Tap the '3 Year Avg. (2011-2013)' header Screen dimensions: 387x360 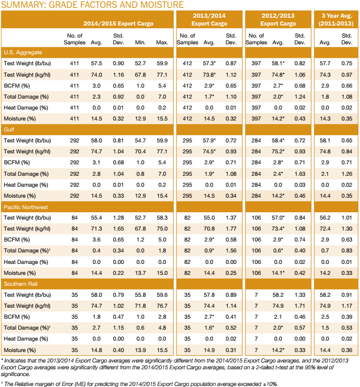335,20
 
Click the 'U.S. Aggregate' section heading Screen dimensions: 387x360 23,53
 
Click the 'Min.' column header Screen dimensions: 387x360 139,42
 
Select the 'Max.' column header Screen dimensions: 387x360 162,42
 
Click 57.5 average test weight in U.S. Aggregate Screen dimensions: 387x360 97,63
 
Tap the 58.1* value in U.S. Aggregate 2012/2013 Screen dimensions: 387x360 279,63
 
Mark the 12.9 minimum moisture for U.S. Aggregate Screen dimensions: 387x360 139,118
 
